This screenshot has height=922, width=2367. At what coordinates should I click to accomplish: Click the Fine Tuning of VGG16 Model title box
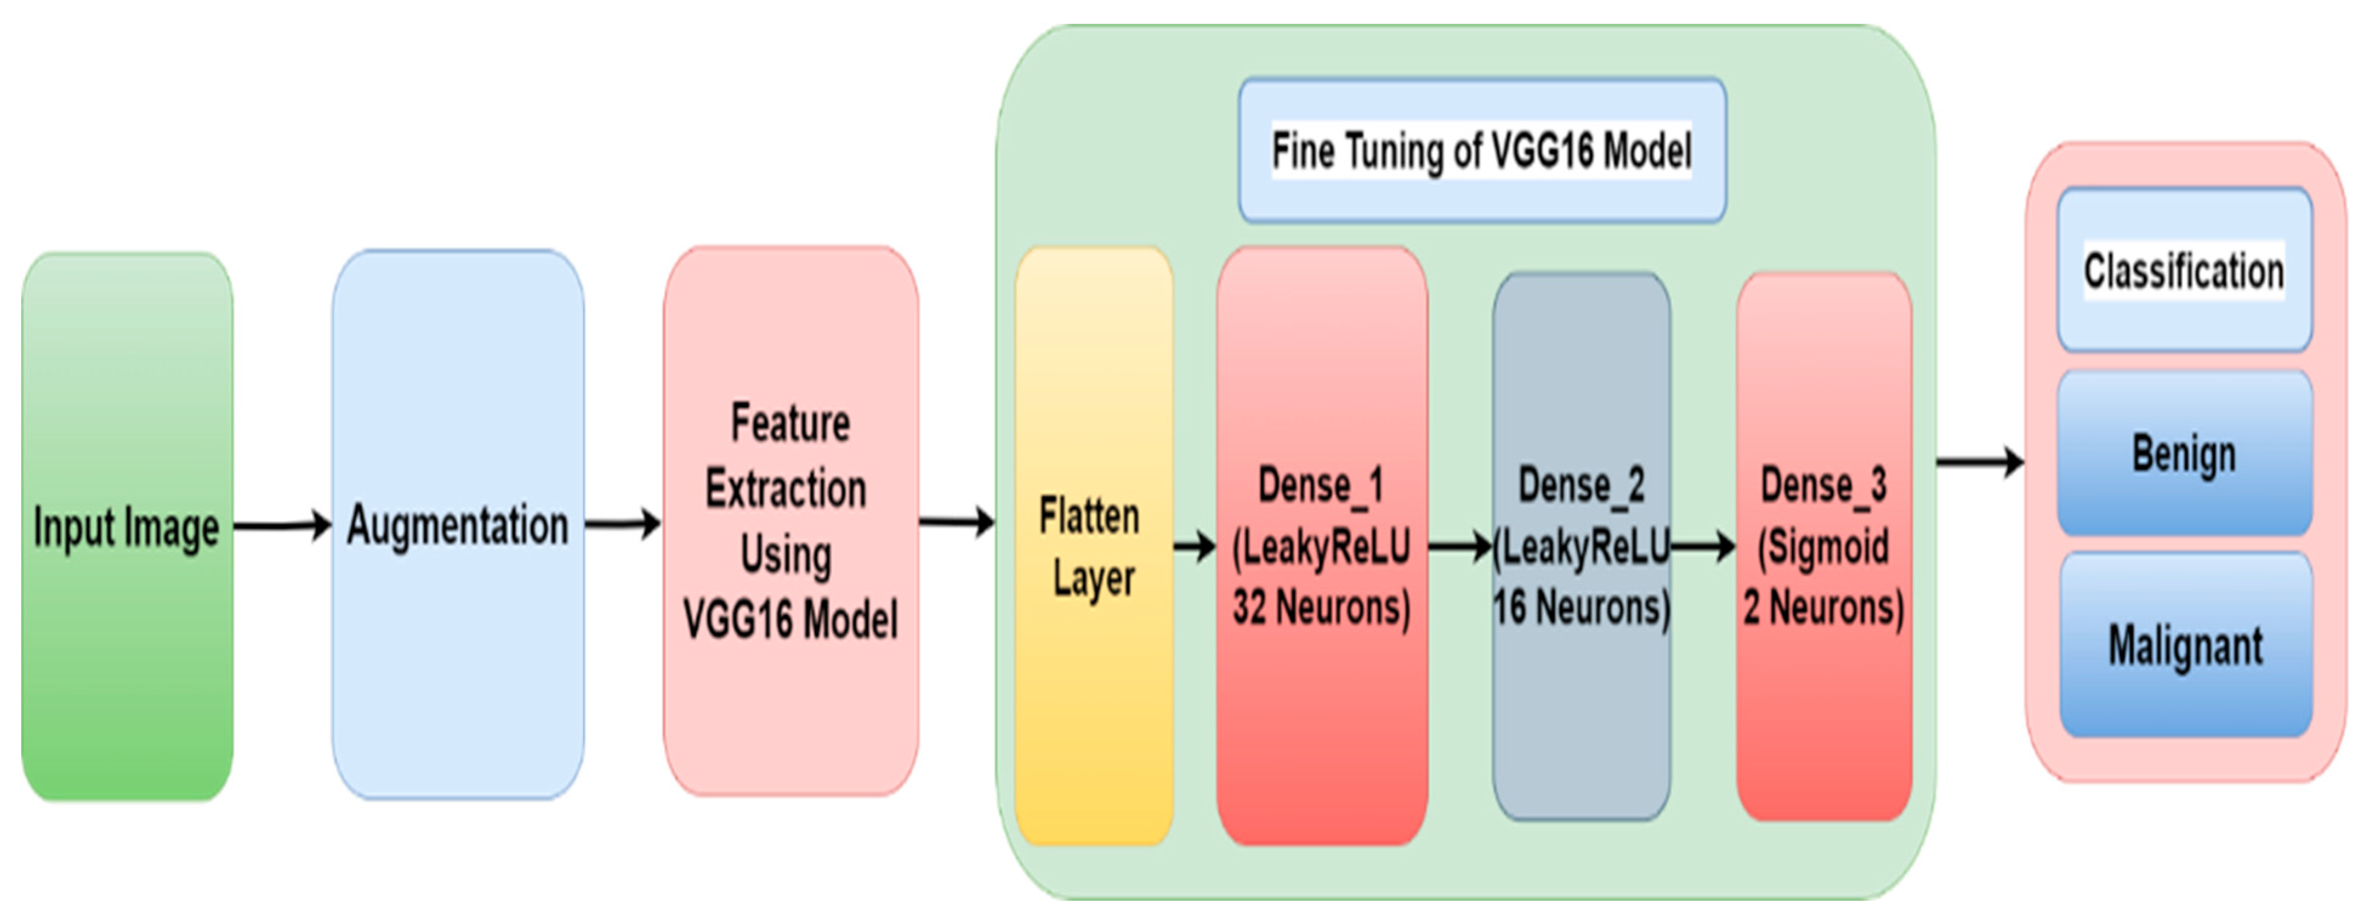coord(1481,151)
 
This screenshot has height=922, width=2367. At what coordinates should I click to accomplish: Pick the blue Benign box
coord(2184,453)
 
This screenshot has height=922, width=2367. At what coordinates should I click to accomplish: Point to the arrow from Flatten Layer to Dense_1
coord(1194,548)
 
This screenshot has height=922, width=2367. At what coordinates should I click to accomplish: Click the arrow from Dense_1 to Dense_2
coord(1459,548)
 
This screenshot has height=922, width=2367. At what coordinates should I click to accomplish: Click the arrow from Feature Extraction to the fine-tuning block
coord(955,522)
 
